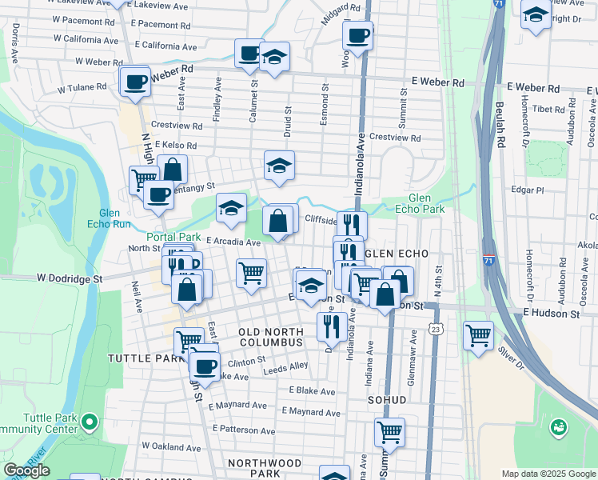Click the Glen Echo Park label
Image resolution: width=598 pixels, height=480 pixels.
pos(420,203)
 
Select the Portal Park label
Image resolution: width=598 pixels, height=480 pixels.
pos(173,237)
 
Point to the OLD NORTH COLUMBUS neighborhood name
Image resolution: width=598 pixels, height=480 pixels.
pos(271,337)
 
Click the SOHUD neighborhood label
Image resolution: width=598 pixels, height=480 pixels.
pos(388,399)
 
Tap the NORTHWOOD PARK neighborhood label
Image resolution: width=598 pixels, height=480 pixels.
pos(265,469)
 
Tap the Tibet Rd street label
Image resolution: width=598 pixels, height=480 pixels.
pos(548,109)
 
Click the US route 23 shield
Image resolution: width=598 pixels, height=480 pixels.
pos(435,329)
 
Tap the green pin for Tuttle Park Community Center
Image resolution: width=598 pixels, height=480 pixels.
pos(90,420)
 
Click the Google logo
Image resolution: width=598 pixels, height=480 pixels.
pos(26,470)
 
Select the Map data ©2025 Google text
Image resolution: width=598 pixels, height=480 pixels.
pos(548,474)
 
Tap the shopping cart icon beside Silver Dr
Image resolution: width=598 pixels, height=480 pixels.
pos(479,334)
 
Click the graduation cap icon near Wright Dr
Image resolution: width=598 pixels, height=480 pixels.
pos(536,14)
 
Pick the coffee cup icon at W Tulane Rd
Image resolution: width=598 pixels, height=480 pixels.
pos(135,81)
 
